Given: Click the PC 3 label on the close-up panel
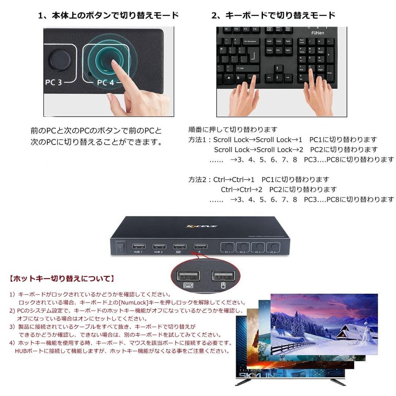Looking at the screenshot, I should point(54,82).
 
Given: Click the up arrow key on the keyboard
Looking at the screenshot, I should point(279,69).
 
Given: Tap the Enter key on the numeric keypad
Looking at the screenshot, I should point(330,73).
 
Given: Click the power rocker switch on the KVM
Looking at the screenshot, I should point(120,248).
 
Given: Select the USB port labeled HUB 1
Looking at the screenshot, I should point(139,247).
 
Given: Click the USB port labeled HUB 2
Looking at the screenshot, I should point(159,247).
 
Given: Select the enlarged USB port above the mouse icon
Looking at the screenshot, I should point(223,276).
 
